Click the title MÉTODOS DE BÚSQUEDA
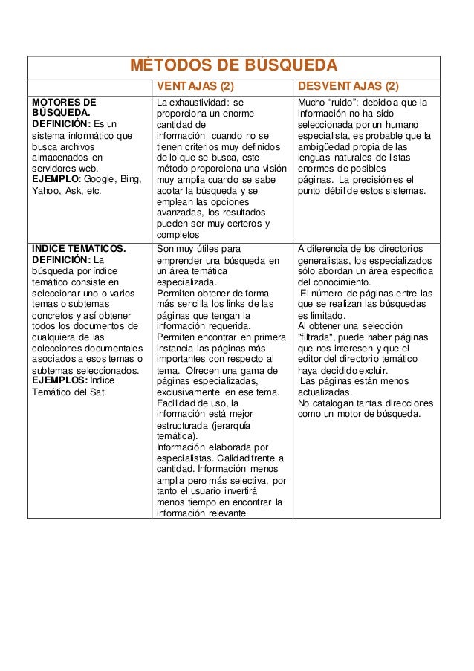coord(233,64)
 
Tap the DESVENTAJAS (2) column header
coord(348,87)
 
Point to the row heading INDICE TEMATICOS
coord(78,248)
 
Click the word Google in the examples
coord(100,179)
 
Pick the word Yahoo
coord(45,191)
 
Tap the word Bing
coord(130,179)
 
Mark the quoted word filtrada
coord(316,337)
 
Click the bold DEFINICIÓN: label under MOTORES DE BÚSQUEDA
coord(61,124)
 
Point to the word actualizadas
coord(325,392)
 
